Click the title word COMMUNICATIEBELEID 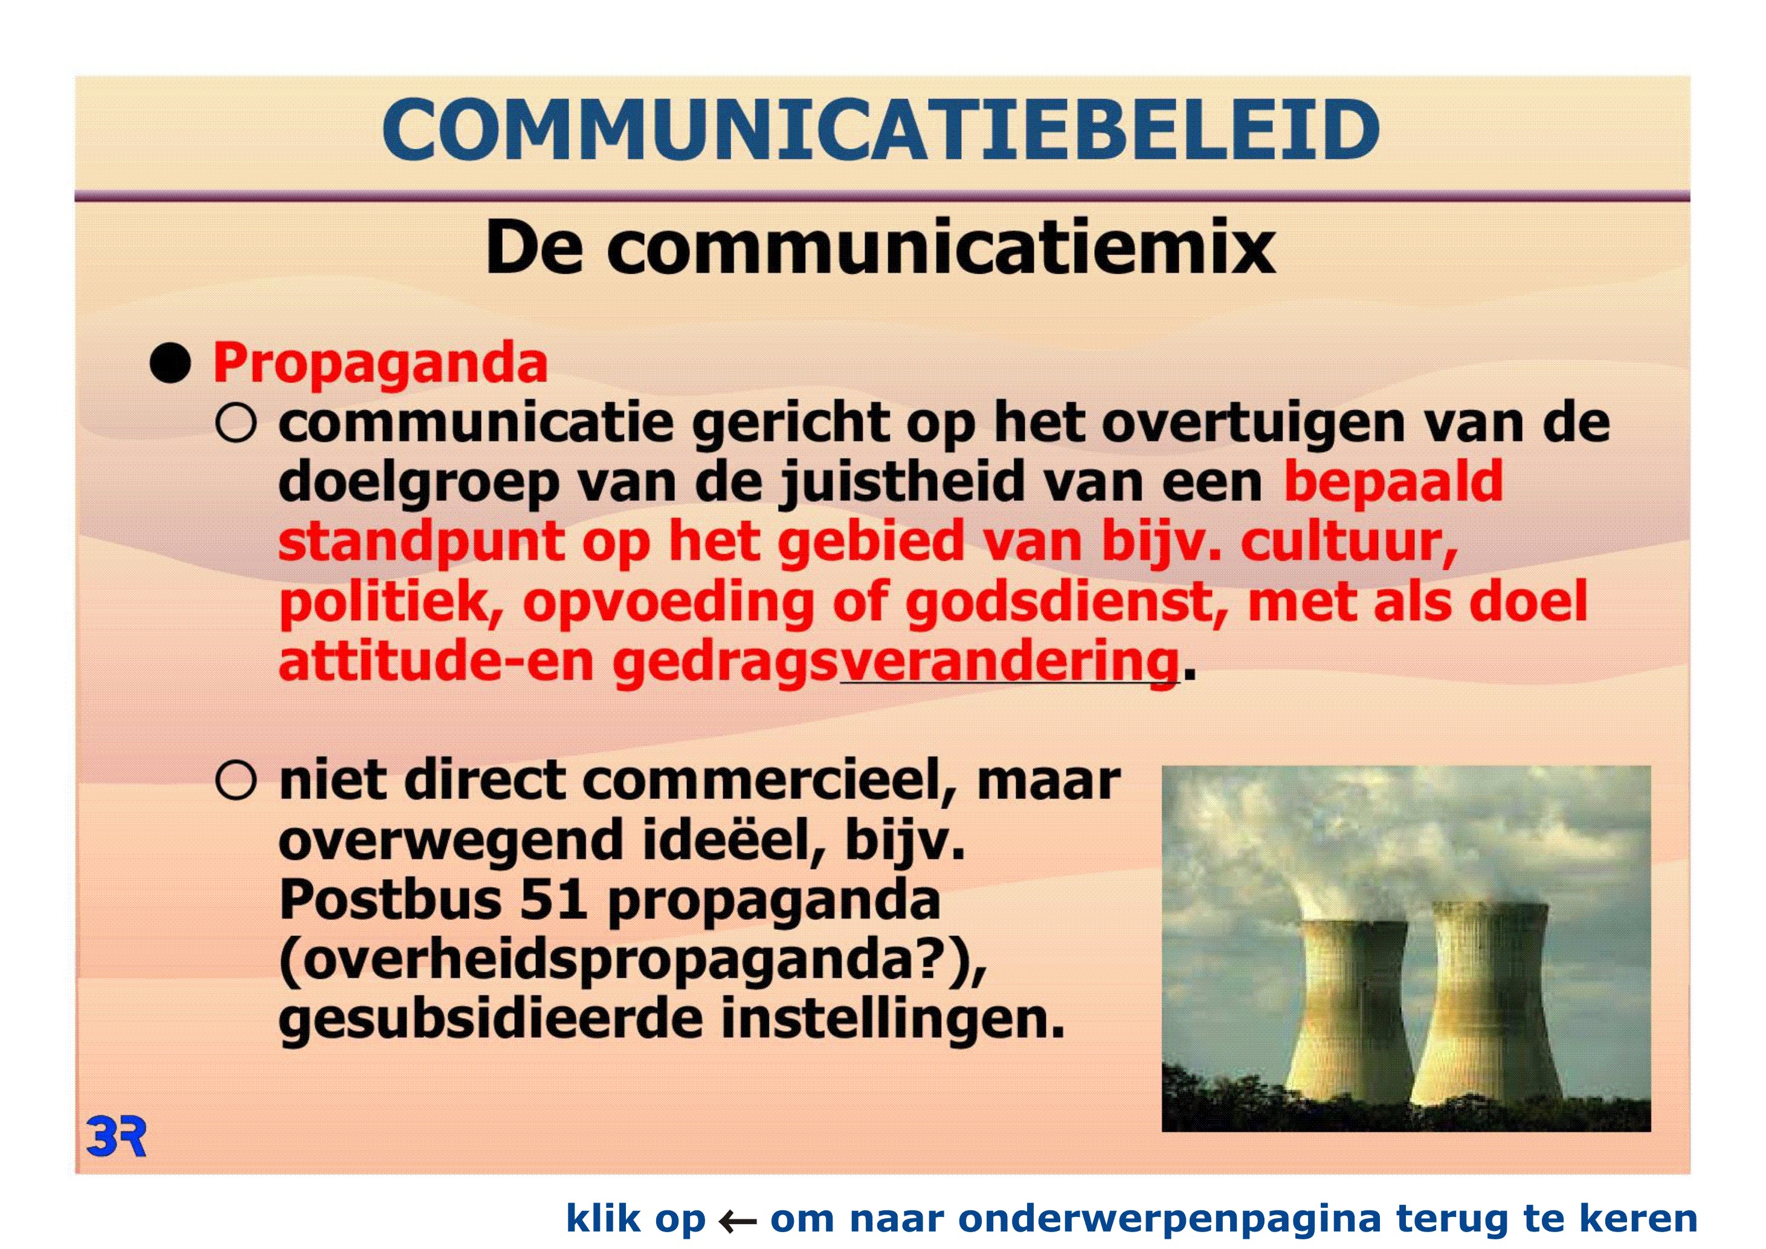881,129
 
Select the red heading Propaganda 380,364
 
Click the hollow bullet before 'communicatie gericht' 236,422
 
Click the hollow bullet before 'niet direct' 236,781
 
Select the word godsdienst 1068,603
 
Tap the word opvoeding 668,603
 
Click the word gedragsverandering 895,662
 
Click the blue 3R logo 116,1137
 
